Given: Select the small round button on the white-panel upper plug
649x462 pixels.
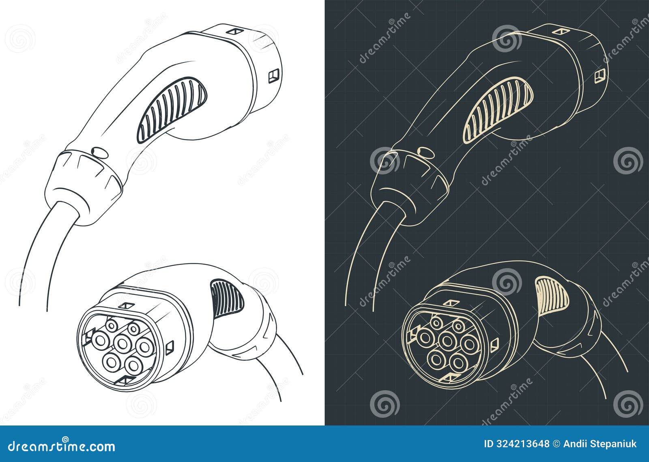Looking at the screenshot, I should [98, 153].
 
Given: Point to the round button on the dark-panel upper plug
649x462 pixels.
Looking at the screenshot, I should [424, 153].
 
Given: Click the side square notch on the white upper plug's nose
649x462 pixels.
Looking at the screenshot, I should [273, 76].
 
